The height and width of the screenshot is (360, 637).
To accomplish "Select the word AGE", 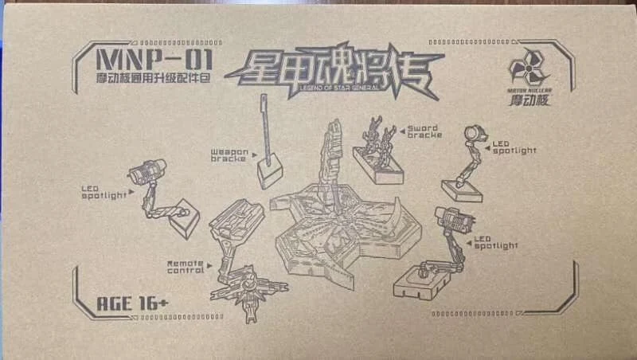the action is [112, 304].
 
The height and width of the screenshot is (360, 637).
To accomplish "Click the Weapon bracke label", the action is [228, 154].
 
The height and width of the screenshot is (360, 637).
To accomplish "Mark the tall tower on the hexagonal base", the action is [332, 163].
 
